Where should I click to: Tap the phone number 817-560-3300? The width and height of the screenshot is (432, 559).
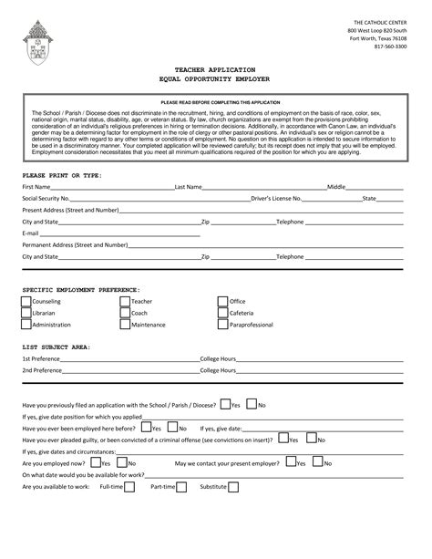pyautogui.click(x=390, y=47)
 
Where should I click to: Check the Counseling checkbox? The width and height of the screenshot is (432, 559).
pyautogui.click(x=26, y=301)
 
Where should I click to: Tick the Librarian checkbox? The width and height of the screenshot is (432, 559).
pyautogui.click(x=26, y=313)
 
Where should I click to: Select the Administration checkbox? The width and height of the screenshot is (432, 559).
pyautogui.click(x=26, y=325)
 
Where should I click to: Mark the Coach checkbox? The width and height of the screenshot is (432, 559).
pyautogui.click(x=125, y=313)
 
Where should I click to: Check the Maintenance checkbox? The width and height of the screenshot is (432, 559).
pyautogui.click(x=125, y=325)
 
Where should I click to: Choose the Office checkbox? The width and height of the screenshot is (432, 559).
pyautogui.click(x=223, y=301)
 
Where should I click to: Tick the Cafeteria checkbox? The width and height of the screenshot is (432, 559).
pyautogui.click(x=223, y=313)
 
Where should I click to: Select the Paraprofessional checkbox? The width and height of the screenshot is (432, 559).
pyautogui.click(x=223, y=325)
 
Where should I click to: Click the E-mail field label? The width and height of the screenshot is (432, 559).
pyautogui.click(x=31, y=233)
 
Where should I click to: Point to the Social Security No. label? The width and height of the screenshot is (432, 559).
pyautogui.click(x=46, y=198)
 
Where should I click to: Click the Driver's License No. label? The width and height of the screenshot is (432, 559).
pyautogui.click(x=277, y=198)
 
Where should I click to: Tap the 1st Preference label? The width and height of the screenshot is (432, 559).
pyautogui.click(x=42, y=359)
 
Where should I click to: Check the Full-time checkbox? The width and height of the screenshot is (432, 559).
pyautogui.click(x=129, y=487)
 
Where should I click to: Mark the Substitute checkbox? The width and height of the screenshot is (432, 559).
pyautogui.click(x=233, y=487)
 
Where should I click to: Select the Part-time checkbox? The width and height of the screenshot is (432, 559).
pyautogui.click(x=181, y=487)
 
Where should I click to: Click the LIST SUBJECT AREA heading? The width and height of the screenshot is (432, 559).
pyautogui.click(x=56, y=347)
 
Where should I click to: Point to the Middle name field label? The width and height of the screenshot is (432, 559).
pyautogui.click(x=336, y=186)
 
